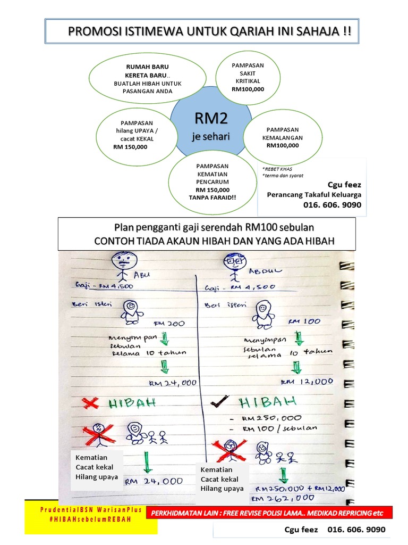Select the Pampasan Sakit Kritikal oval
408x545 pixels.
click(x=248, y=78)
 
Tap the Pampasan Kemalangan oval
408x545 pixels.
click(x=283, y=137)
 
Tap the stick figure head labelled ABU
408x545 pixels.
click(x=124, y=260)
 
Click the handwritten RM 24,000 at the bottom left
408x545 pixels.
click(x=154, y=481)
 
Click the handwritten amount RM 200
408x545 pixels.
click(x=168, y=323)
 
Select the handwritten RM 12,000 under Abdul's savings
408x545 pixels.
click(x=308, y=382)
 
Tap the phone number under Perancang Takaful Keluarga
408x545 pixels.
click(x=332, y=205)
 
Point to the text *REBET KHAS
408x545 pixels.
click(x=277, y=168)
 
